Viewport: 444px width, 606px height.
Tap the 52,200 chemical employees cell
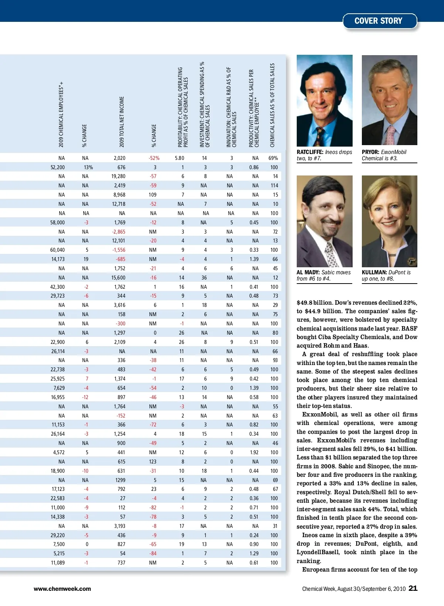tap(57, 167)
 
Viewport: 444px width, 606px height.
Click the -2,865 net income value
tap(118, 232)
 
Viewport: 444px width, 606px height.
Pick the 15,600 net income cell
tap(118, 278)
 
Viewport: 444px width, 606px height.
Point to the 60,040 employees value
tap(57, 250)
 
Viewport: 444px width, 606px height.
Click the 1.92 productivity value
tap(254, 452)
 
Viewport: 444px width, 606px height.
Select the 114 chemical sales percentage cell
tap(274, 185)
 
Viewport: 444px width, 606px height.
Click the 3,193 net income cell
tap(119, 526)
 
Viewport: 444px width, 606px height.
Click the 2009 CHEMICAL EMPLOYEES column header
tap(61, 115)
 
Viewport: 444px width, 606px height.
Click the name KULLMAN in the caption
tap(374, 272)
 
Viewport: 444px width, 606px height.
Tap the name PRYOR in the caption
tap(370, 152)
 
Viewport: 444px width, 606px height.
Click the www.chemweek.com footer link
tap(62, 589)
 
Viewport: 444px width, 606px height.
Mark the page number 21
tap(413, 588)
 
